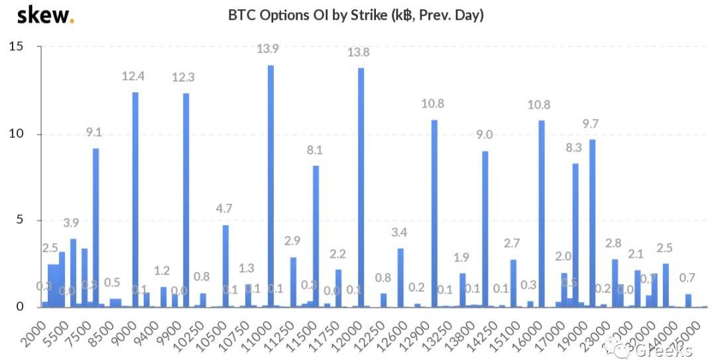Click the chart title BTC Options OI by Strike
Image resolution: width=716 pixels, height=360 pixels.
356,15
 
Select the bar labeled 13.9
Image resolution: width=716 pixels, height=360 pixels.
270,186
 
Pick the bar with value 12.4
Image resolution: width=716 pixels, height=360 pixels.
135,199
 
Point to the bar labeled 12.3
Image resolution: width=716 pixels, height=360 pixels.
186,200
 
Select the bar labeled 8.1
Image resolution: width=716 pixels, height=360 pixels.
316,236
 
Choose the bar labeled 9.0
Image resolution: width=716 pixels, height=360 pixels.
485,229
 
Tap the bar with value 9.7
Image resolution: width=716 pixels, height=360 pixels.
592,223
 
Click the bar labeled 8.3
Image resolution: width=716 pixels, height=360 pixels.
575,235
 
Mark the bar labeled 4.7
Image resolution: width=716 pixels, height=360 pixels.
225,266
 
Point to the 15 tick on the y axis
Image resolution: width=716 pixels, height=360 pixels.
16,47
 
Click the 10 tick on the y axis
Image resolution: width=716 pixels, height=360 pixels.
16,134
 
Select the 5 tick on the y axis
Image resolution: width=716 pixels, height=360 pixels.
20,220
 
